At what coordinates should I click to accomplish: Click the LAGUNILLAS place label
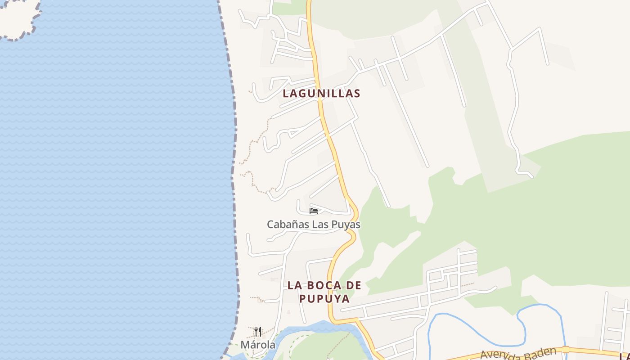click(321, 94)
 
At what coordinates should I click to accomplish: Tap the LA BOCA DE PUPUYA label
click(324, 292)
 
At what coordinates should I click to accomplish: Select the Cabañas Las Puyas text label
click(314, 224)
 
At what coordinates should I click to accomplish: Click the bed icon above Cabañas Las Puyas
click(314, 211)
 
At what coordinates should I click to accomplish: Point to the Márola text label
click(258, 345)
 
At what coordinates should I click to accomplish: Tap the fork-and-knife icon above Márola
click(258, 332)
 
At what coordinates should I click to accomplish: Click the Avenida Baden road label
click(517, 353)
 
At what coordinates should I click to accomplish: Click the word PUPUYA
click(324, 299)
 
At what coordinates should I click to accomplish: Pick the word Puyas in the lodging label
click(347, 224)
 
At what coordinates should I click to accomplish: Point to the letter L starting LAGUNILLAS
click(286, 94)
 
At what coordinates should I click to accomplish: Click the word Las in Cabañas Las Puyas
click(320, 224)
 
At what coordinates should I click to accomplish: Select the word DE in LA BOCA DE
click(354, 285)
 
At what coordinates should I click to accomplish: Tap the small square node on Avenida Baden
click(566, 349)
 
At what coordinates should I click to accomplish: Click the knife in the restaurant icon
click(260, 332)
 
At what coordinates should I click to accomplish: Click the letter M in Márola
click(245, 345)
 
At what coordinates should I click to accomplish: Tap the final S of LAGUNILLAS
click(357, 94)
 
